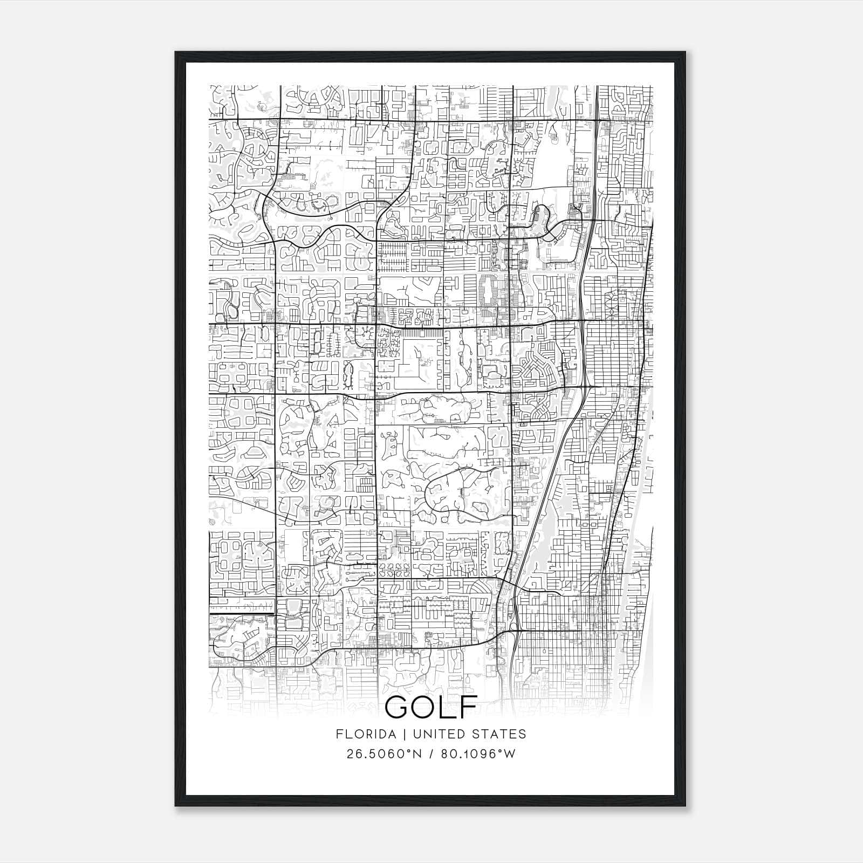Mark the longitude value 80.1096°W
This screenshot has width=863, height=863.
click(478, 754)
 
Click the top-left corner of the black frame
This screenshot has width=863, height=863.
click(176, 53)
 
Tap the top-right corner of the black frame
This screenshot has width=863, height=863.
click(685, 53)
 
